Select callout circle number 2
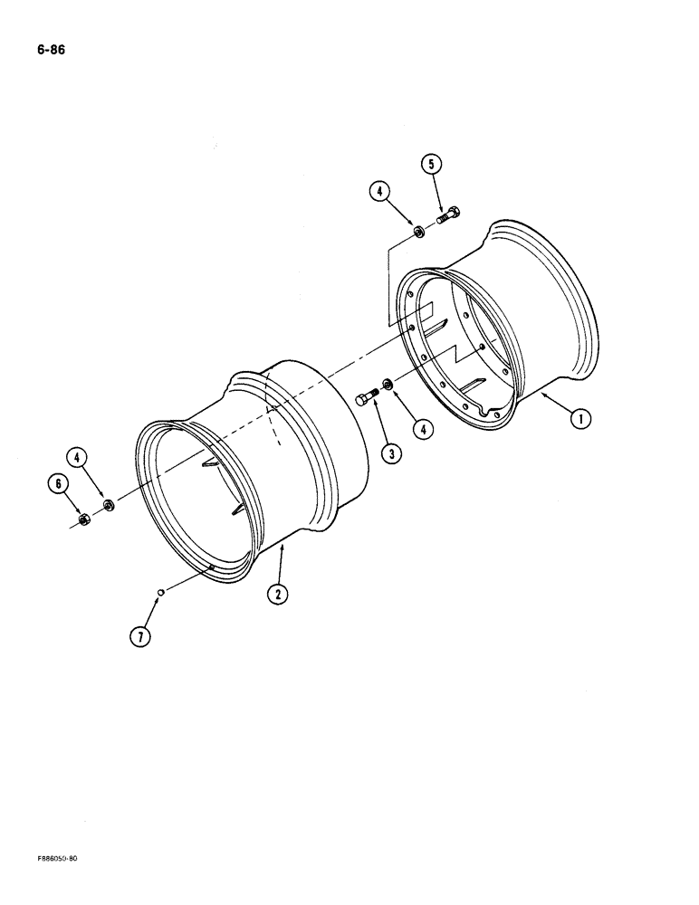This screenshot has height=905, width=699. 274,595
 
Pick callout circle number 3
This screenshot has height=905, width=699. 392,453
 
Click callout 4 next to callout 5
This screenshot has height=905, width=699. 379,191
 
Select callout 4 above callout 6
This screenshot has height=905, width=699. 80,458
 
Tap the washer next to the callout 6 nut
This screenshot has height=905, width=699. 108,504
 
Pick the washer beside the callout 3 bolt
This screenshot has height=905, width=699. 388,386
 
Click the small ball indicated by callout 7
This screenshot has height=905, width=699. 159,593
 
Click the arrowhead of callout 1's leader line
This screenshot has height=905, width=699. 541,394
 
